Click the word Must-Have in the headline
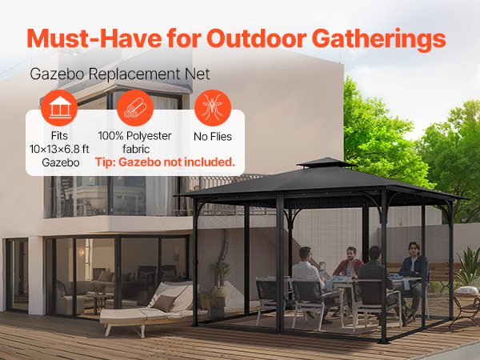coord(94,38)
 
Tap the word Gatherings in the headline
coord(378,40)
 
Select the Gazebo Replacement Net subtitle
coord(120,74)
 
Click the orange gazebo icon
coord(59,108)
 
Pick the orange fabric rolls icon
coord(135,108)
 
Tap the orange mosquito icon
coord(213,108)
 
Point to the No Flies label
coord(213,137)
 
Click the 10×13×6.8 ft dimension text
coord(59,149)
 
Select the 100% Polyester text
coord(134,136)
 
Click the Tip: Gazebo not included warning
coord(165,162)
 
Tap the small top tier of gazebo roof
coord(326,162)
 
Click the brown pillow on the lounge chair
coord(164,303)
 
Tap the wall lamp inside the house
coord(82,253)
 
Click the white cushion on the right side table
coord(466,290)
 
